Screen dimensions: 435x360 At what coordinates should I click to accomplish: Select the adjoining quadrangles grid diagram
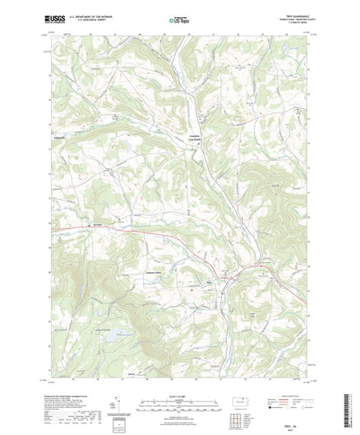click(x=238, y=411)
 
